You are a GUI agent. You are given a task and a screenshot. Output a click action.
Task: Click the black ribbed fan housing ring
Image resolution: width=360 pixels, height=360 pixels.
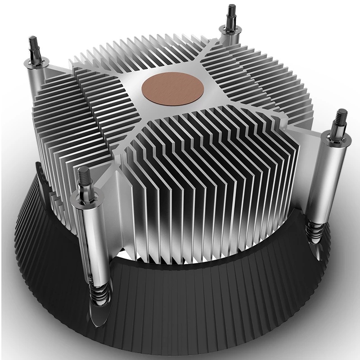tap(202, 306)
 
